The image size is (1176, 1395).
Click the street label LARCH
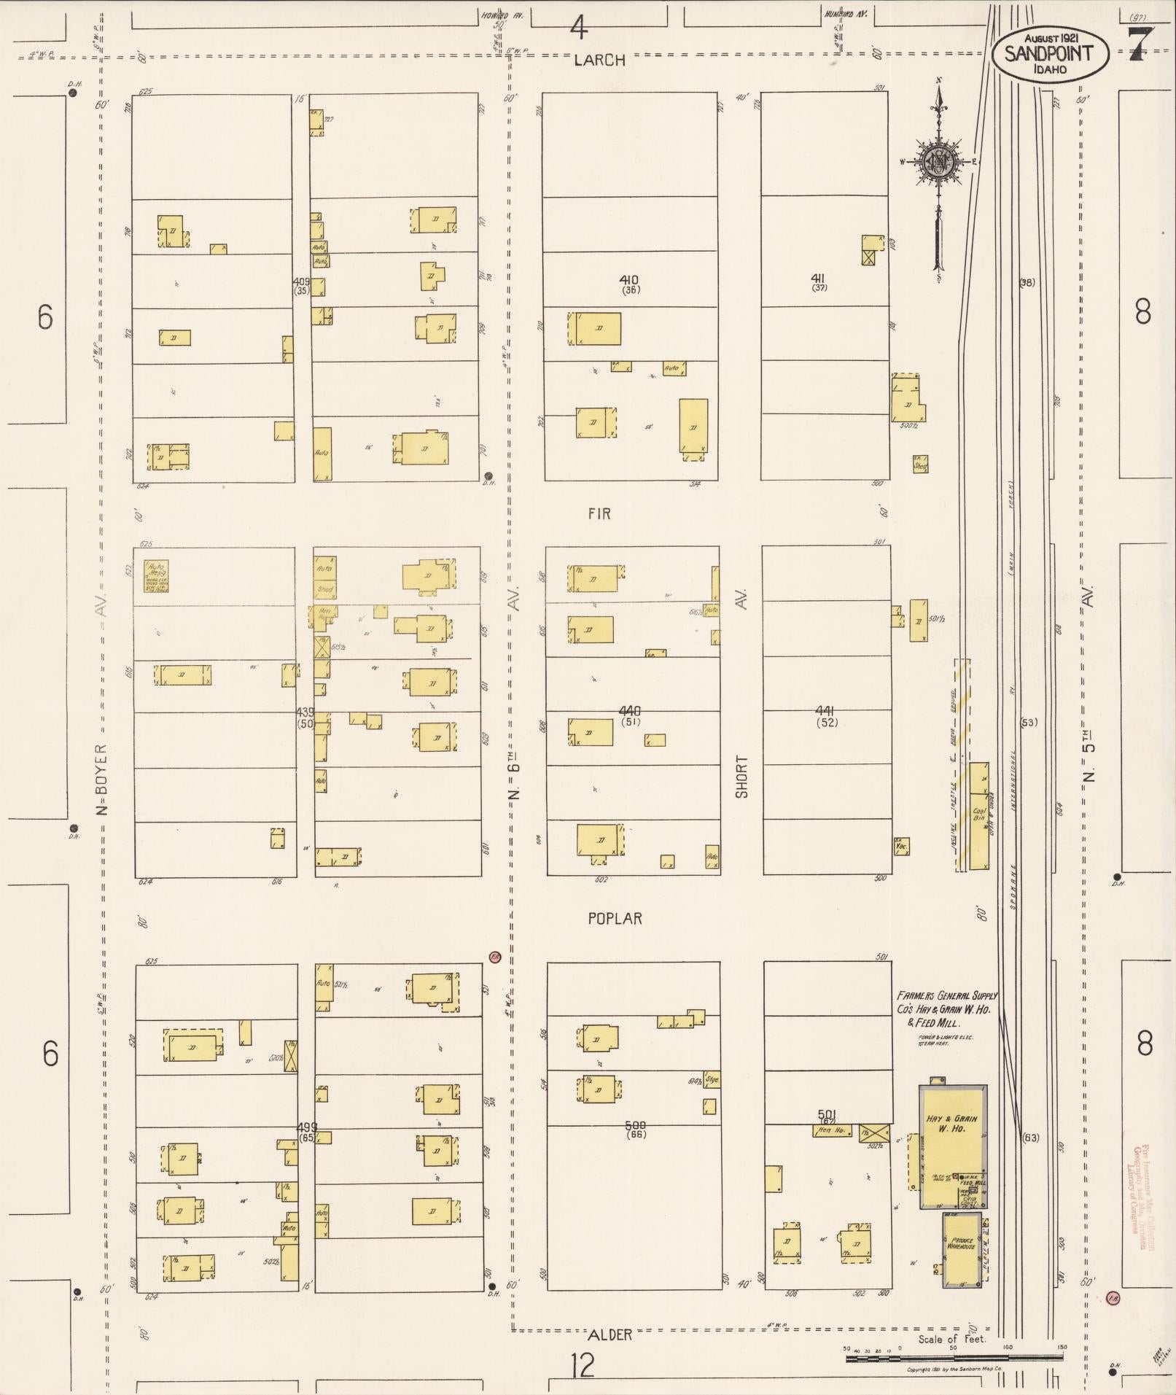pos(599,61)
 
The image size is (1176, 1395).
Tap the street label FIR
pos(599,514)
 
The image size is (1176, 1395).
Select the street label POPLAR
pos(615,919)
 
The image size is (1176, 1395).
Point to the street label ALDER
pos(610,1334)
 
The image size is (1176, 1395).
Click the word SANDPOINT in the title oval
pos(1049,53)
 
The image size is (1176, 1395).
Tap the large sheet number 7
pos(1140,46)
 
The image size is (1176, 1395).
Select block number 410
pos(628,279)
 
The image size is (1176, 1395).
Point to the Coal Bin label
pos(979,815)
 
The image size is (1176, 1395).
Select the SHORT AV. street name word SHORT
pos(741,776)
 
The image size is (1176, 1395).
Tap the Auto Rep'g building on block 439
pos(156,576)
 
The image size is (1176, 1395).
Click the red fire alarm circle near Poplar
pos(494,957)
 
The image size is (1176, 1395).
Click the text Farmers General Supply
pos(946,995)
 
